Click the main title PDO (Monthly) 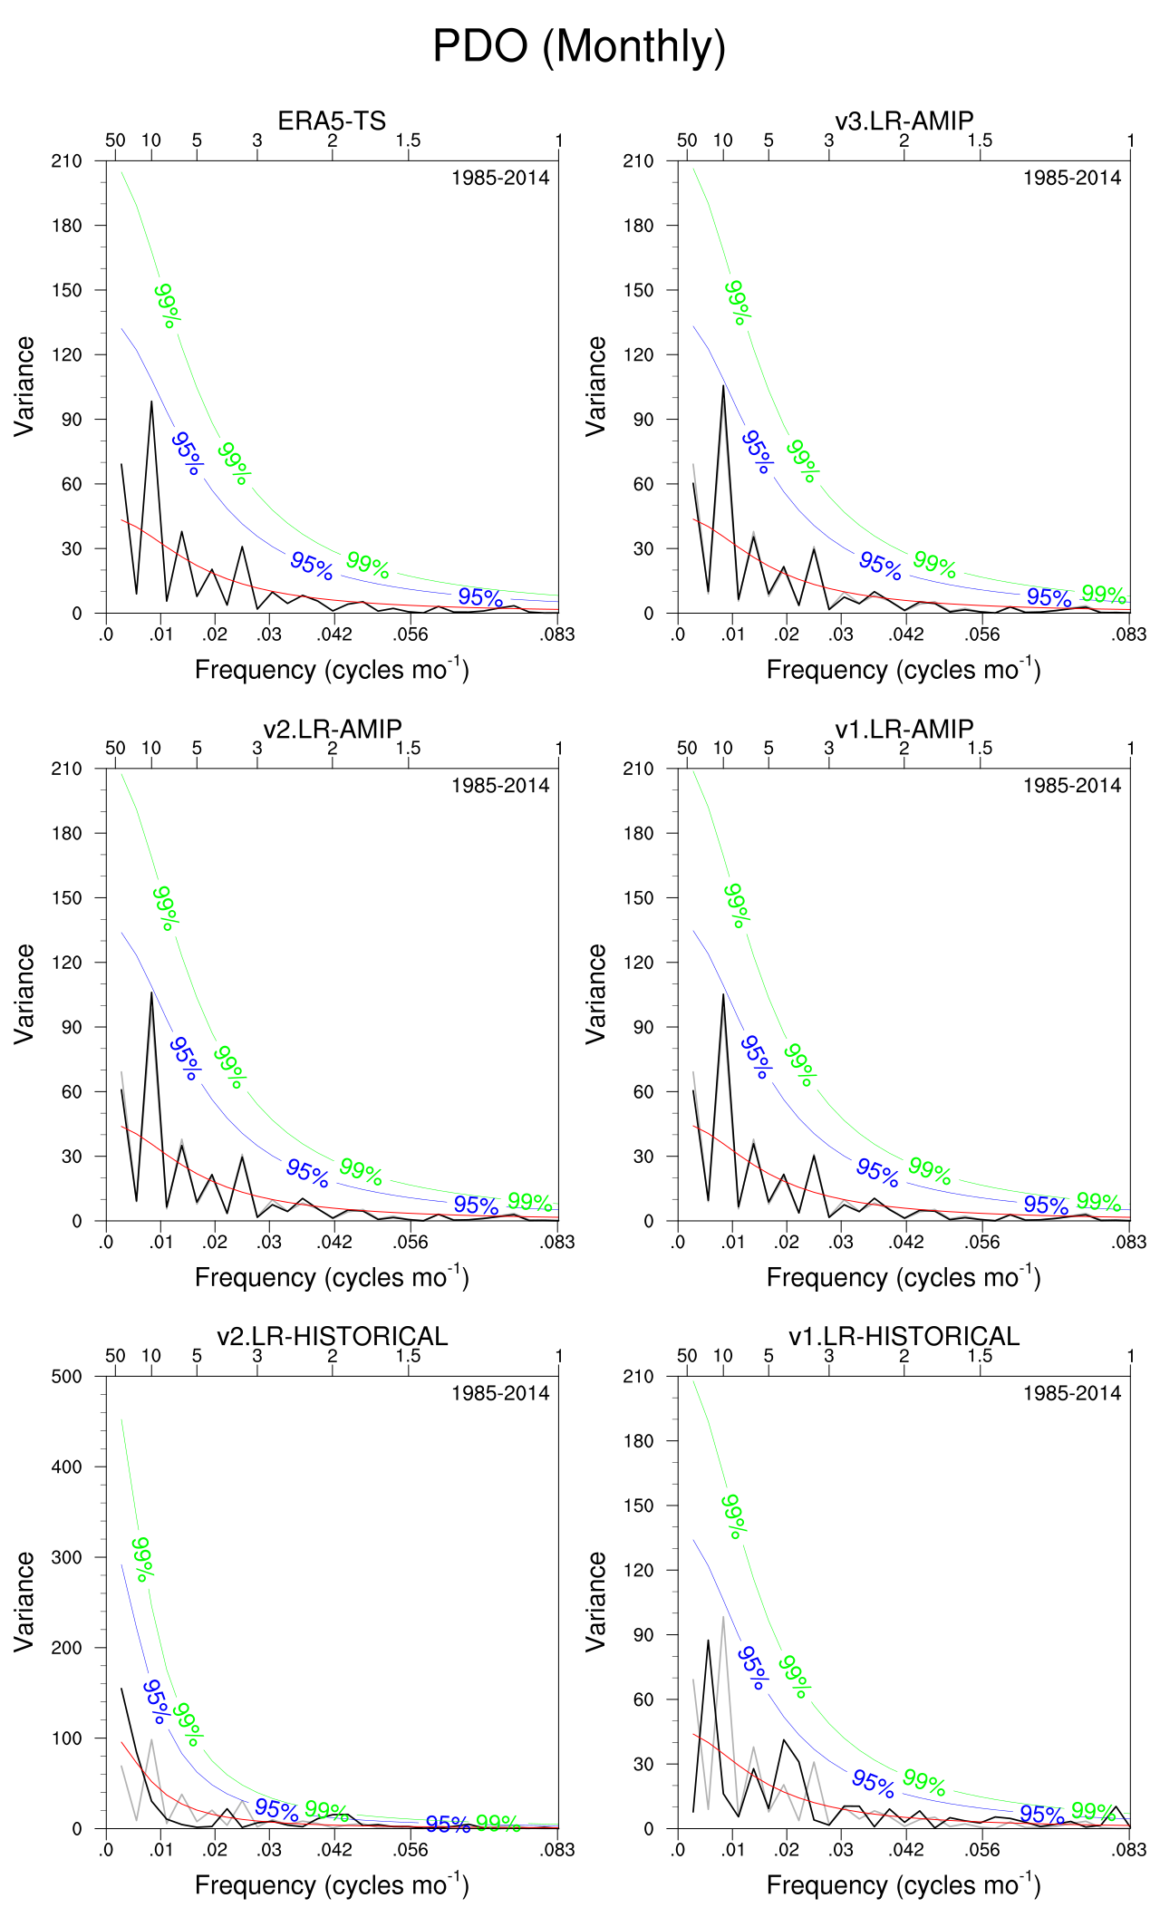579,46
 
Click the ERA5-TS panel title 332,121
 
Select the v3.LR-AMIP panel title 904,121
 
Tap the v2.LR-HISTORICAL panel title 332,1336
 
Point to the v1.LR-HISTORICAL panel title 904,1336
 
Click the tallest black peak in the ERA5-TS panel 151,402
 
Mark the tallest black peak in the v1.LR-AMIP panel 723,994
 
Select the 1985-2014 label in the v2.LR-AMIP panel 500,786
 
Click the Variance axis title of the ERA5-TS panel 24,386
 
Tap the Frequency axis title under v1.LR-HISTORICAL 904,1884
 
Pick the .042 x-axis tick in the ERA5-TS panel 335,634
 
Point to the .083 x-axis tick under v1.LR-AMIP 1129,1242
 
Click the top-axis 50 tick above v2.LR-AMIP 115,749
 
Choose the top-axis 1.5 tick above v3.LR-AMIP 980,140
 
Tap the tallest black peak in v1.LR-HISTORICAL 708,1640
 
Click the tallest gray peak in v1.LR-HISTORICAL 723,1616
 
